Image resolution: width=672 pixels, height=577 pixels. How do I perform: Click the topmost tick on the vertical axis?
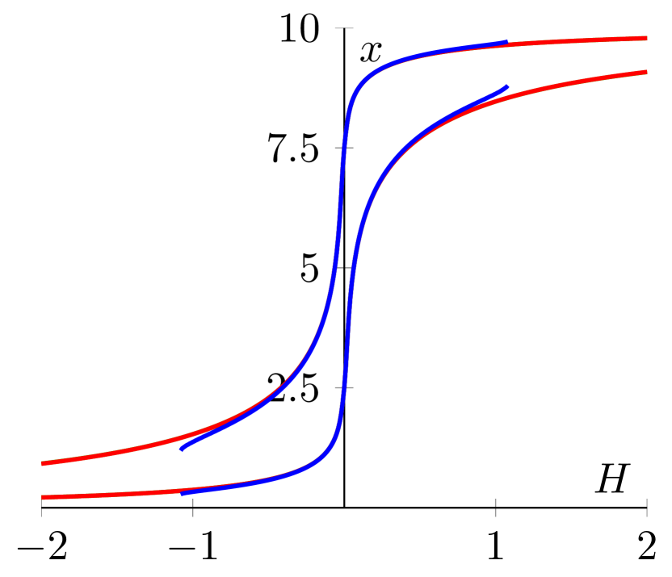pyautogui.click(x=344, y=28)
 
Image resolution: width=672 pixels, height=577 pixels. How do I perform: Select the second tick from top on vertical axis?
pyautogui.click(x=344, y=148)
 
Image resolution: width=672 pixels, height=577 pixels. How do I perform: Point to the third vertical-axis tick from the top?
pyautogui.click(x=344, y=268)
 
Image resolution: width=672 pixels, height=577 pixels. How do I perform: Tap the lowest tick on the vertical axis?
pyautogui.click(x=344, y=387)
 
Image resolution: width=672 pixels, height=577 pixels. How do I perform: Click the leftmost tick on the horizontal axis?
pyautogui.click(x=42, y=507)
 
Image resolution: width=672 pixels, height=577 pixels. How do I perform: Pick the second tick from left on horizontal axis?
pyautogui.click(x=193, y=507)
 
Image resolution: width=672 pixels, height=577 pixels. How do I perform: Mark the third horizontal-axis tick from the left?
pyautogui.click(x=495, y=507)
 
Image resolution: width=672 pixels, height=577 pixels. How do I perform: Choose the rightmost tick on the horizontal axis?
pyautogui.click(x=646, y=507)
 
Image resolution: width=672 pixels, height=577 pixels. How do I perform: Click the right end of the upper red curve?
pyautogui.click(x=646, y=38)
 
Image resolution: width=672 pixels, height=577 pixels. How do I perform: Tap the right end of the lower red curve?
pyautogui.click(x=646, y=73)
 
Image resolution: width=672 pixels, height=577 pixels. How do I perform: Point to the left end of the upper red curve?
pyautogui.click(x=43, y=463)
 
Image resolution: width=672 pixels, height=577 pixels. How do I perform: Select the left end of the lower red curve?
pyautogui.click(x=43, y=498)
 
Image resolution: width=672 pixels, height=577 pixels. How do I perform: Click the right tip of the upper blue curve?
pyautogui.click(x=506, y=42)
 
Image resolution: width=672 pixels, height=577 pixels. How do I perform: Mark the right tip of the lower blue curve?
pyautogui.click(x=506, y=86)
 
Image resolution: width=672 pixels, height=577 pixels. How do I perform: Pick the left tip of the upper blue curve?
pyautogui.click(x=183, y=448)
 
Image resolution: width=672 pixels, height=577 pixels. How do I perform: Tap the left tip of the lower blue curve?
pyautogui.click(x=183, y=492)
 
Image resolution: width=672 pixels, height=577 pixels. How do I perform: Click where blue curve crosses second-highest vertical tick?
pyautogui.click(x=343, y=148)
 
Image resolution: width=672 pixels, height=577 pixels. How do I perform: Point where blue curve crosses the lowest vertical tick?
pyautogui.click(x=346, y=387)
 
